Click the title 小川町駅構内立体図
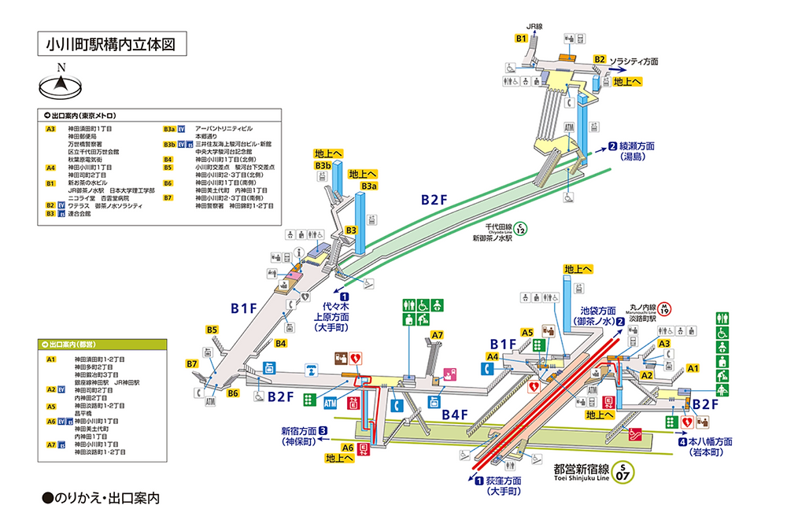[112, 45]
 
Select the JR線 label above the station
[535, 27]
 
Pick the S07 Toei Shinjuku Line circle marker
[623, 471]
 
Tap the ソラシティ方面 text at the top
[634, 61]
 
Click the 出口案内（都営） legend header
[76, 345]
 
